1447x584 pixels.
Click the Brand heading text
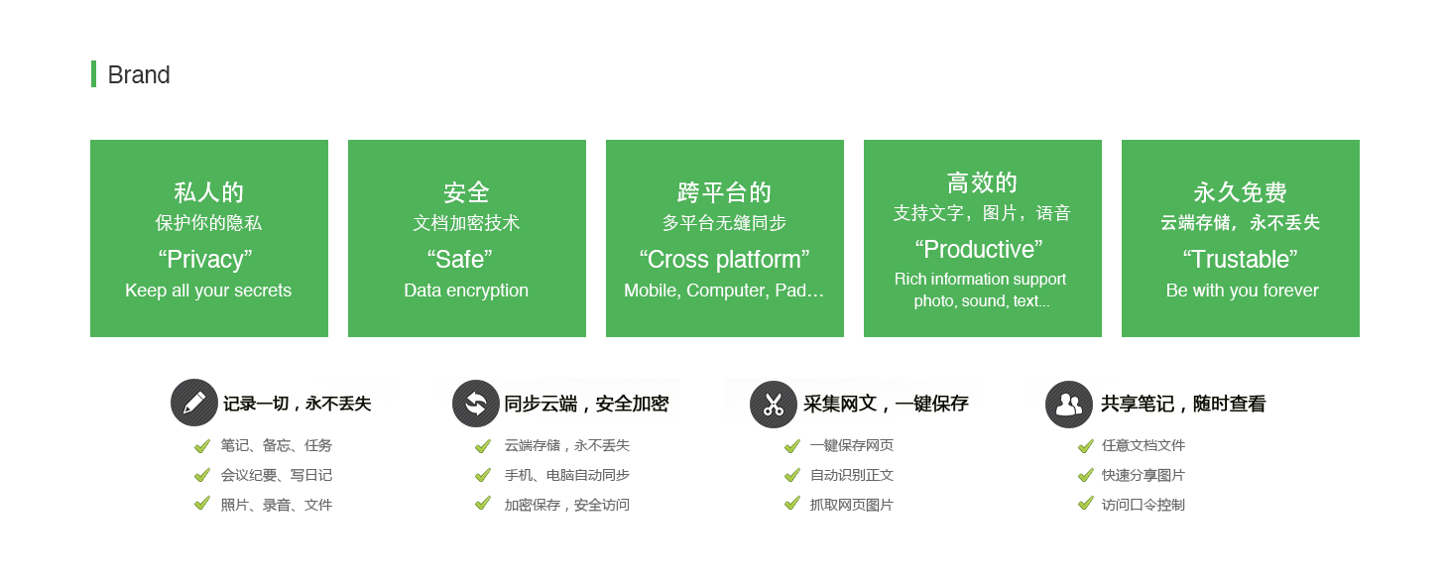[139, 75]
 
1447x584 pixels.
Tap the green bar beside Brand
[93, 73]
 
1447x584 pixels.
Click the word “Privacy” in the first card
[205, 259]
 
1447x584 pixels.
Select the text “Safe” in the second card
[460, 259]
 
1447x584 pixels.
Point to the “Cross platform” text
[724, 259]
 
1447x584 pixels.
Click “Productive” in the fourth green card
[979, 249]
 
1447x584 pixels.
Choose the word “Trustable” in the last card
[1241, 259]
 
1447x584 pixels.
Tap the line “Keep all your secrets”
[208, 291]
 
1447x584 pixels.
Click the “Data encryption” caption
[466, 291]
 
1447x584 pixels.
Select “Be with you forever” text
[1243, 291]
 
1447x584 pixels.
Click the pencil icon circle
[194, 403]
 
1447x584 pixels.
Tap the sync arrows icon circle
[476, 404]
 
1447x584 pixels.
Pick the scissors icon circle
[774, 405]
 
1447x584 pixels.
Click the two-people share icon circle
[1069, 405]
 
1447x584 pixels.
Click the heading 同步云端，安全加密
[586, 404]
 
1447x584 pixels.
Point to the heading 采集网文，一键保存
[886, 404]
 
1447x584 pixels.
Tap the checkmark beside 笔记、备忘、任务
[202, 445]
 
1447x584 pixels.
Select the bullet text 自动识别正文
[851, 476]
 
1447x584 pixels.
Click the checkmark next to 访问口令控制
[1086, 504]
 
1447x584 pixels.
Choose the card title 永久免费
[1241, 192]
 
